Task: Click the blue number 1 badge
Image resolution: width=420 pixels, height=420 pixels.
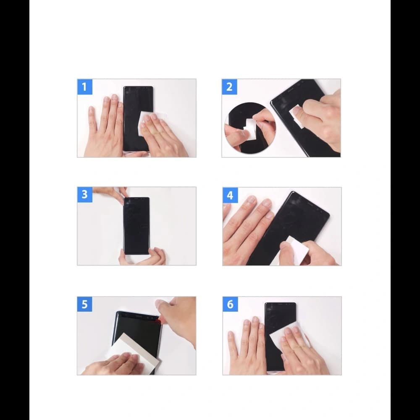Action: [x=84, y=87]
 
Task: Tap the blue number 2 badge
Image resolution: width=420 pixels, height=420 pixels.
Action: [x=229, y=87]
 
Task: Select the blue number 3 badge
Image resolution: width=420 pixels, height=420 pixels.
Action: [x=84, y=194]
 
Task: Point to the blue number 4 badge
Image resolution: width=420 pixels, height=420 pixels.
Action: [x=230, y=195]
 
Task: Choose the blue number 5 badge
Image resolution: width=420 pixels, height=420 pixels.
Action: [x=84, y=304]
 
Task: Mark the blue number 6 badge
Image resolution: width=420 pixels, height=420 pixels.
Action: [x=230, y=304]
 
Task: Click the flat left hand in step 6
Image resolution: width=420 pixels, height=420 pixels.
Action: [x=248, y=344]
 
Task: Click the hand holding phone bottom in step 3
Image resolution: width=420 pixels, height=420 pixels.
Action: [x=145, y=257]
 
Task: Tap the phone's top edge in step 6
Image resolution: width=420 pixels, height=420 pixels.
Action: [x=280, y=304]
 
